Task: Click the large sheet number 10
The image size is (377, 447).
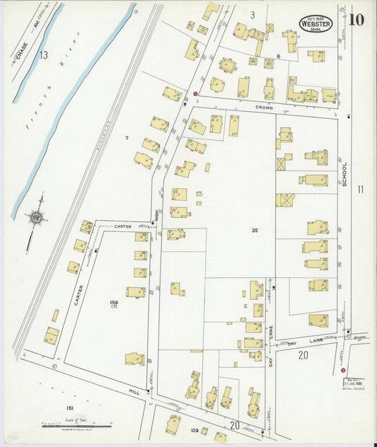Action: pos(356,18)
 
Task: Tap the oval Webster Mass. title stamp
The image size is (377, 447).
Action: pos(315,23)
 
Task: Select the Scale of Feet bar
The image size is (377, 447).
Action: pos(76,425)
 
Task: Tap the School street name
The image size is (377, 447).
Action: pos(344,173)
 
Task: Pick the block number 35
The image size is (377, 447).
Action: pos(254,231)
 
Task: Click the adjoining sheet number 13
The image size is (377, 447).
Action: pos(44,55)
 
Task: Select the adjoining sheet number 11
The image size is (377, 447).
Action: pos(361,189)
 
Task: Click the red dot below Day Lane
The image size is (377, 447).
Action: pos(344,370)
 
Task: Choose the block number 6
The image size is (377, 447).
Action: pos(279,56)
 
